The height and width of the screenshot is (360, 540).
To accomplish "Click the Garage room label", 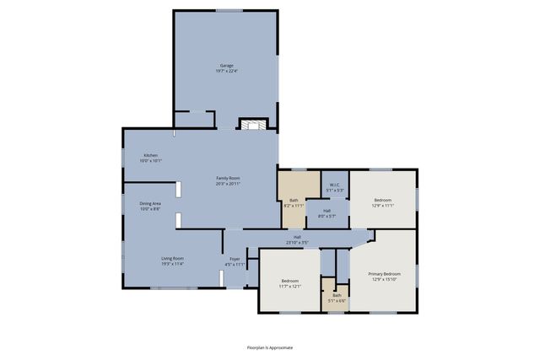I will click(227, 65).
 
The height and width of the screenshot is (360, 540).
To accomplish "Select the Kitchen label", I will click(150, 155).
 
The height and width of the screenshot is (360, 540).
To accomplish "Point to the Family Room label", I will click(228, 178).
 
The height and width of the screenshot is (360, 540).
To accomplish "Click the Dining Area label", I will click(150, 203).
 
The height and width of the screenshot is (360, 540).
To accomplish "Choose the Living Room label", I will click(173, 258).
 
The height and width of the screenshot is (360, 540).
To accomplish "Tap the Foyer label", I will click(235, 259).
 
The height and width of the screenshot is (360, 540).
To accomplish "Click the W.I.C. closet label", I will click(334, 185).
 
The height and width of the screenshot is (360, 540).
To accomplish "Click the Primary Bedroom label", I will click(383, 274).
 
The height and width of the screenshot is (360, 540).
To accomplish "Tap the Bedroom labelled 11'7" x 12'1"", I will click(289, 283).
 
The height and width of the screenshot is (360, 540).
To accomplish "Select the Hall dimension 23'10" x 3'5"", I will click(298, 243).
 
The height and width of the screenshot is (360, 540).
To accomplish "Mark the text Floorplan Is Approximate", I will click(270, 347).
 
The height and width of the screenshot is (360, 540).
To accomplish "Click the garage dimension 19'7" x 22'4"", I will click(227, 71).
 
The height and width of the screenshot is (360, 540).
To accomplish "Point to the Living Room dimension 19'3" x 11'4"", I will click(173, 264).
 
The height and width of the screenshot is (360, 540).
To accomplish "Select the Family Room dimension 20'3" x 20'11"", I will click(228, 183).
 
